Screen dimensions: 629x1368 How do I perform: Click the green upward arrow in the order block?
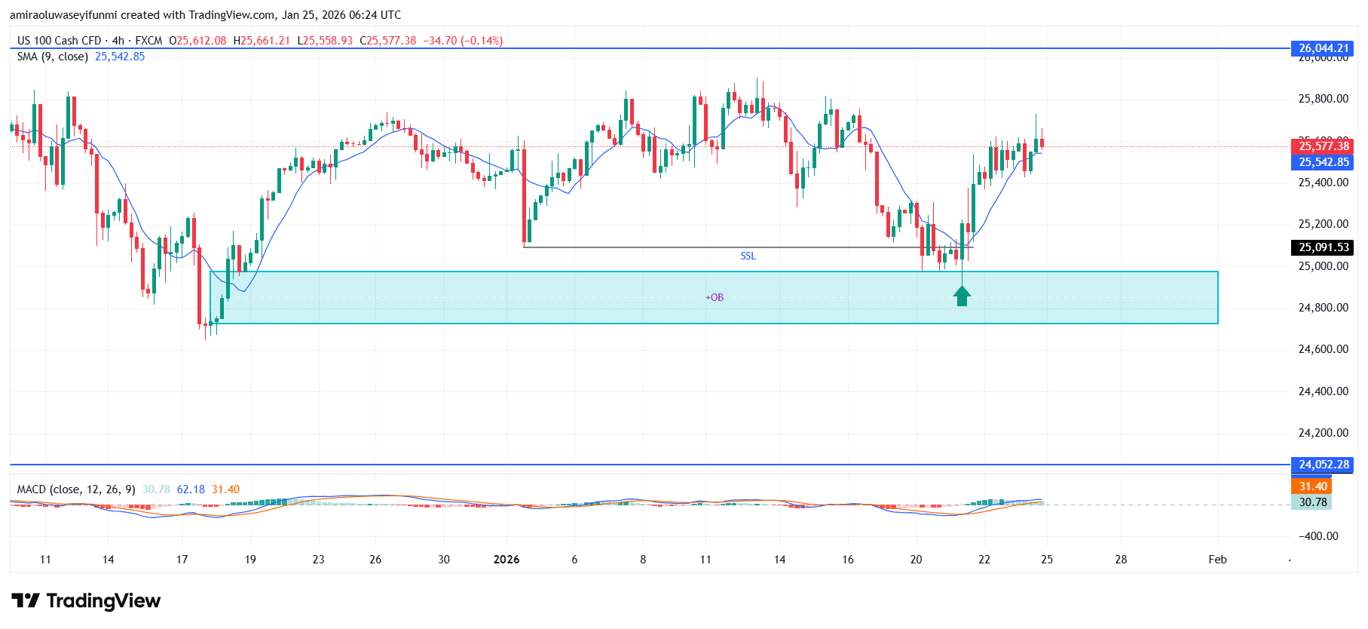(962, 296)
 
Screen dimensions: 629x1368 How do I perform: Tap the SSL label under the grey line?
(748, 256)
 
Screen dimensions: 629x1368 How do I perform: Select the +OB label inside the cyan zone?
(714, 298)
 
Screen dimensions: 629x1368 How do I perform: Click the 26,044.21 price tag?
(1323, 48)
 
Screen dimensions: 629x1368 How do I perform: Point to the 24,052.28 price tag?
(1323, 465)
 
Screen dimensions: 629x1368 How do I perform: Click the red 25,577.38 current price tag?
(1323, 146)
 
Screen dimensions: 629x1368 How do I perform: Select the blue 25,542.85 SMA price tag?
(1323, 162)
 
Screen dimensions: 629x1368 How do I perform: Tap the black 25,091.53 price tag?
(1323, 247)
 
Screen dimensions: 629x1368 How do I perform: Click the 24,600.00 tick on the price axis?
(1323, 349)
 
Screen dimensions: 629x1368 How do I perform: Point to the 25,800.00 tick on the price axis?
(1323, 99)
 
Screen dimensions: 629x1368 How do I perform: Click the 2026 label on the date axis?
(506, 560)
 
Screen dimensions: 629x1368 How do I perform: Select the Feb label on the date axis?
(1217, 560)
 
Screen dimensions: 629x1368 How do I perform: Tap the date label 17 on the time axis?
(182, 560)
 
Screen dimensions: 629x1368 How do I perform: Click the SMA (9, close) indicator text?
(53, 57)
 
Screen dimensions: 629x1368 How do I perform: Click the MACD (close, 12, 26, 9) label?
(76, 489)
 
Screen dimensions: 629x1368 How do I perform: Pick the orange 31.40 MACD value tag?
(1312, 486)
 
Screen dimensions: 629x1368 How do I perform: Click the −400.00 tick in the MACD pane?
(1318, 536)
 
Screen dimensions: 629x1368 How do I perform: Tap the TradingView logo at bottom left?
(86, 601)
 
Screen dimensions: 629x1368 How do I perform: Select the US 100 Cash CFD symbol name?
(59, 41)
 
